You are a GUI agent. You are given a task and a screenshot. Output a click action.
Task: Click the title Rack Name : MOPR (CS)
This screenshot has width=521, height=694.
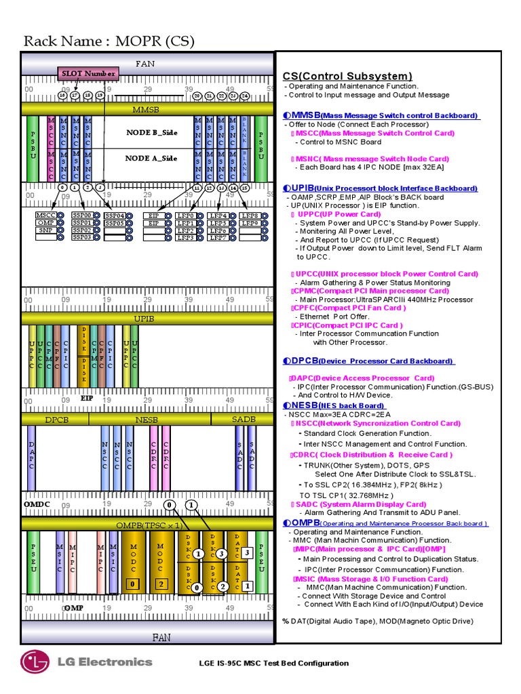[x=109, y=42]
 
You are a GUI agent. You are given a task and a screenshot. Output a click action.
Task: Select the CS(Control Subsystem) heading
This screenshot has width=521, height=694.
[x=347, y=76]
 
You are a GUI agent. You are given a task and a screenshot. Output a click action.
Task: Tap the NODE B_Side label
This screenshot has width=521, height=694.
[x=151, y=132]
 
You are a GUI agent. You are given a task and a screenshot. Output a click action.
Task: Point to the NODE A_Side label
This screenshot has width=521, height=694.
[x=151, y=158]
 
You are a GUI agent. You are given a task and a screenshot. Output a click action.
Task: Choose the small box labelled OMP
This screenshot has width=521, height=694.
[x=46, y=223]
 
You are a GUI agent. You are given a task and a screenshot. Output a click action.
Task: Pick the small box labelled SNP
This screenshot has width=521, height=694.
[x=46, y=230]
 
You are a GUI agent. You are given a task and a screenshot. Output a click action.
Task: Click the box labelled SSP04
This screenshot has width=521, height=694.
[x=115, y=216]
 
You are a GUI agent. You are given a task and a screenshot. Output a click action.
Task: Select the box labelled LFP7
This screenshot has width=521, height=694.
[x=218, y=238]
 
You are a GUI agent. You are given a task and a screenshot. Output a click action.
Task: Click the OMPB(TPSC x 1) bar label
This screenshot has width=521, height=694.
[x=148, y=525]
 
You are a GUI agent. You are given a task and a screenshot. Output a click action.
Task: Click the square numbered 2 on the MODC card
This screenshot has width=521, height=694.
[x=161, y=584]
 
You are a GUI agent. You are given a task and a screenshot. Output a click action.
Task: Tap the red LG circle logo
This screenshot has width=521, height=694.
[x=35, y=662]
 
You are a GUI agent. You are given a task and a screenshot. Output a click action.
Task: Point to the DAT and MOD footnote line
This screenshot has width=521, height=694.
[x=378, y=621]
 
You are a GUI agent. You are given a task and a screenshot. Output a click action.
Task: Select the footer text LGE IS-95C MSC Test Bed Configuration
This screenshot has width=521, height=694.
[x=273, y=663]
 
